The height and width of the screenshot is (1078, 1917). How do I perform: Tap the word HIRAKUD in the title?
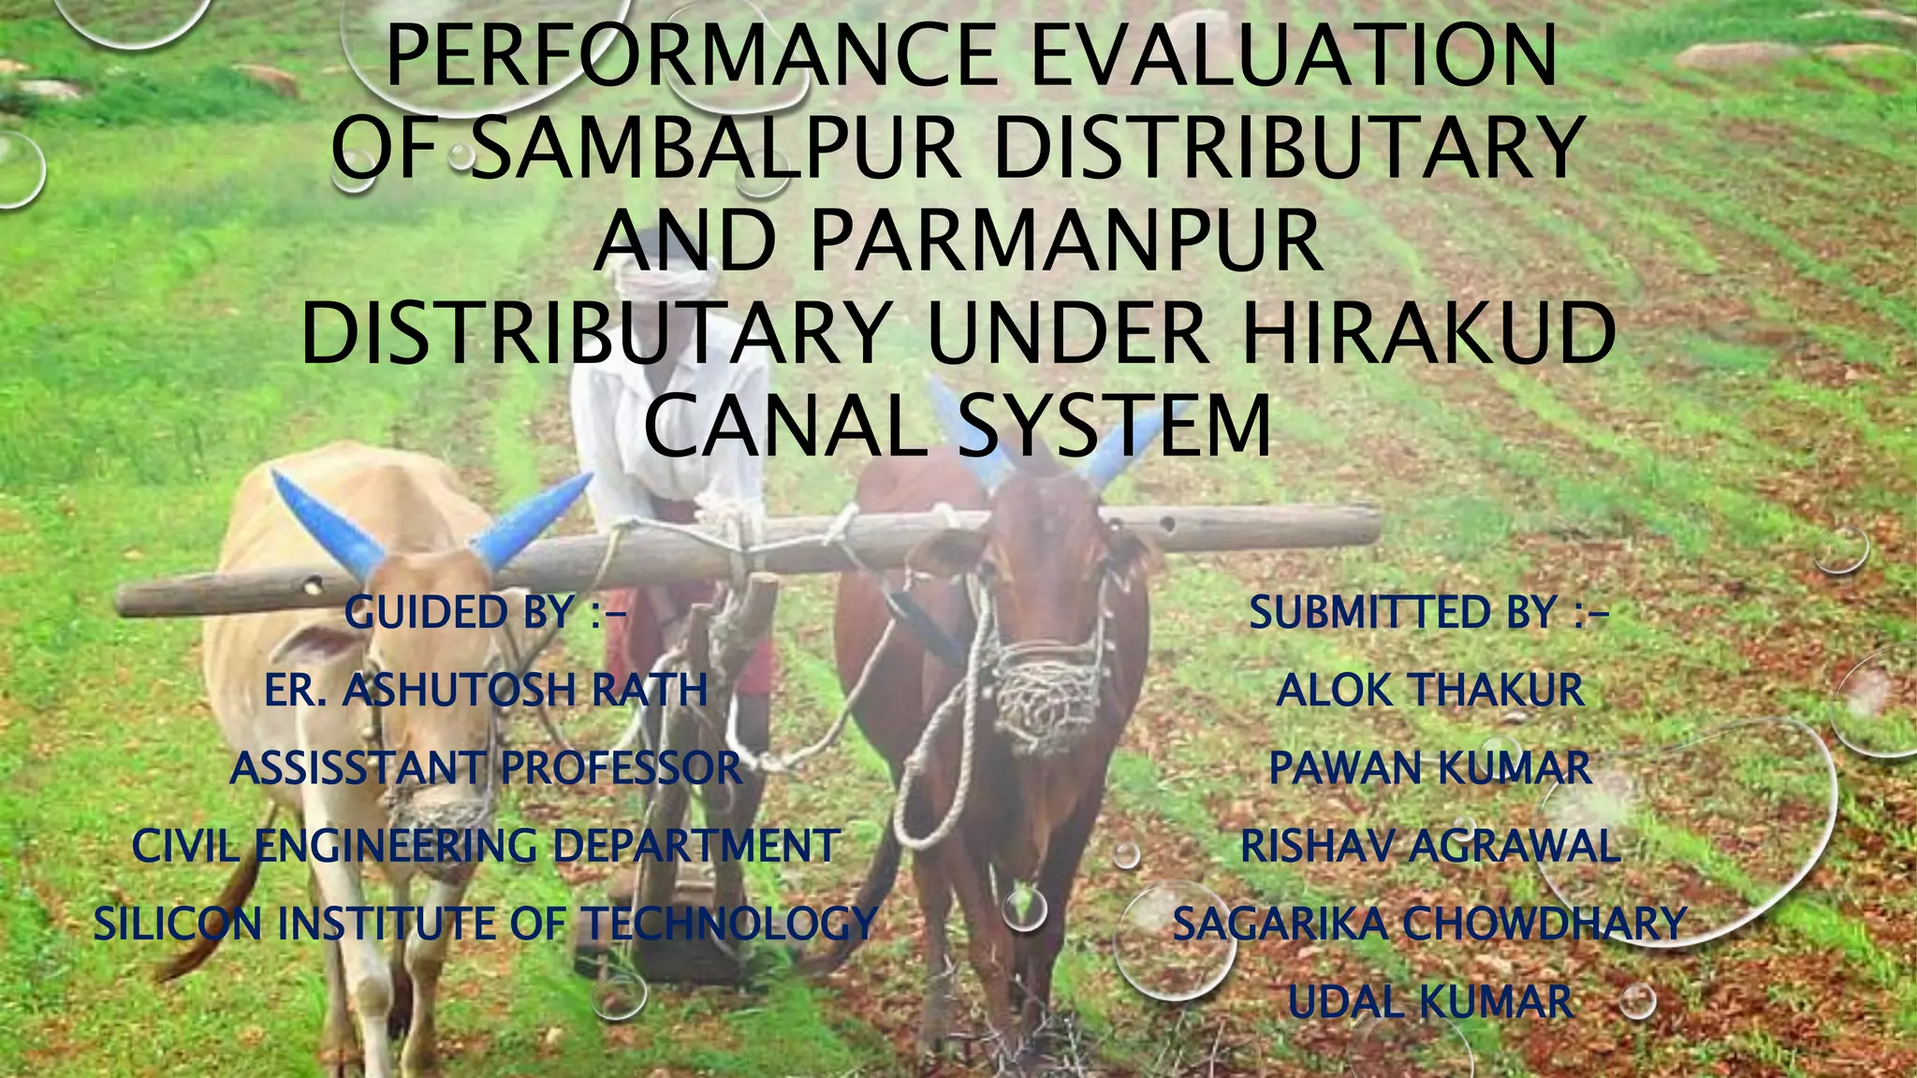click(x=1429, y=332)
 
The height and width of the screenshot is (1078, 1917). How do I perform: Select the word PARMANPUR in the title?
click(x=1067, y=240)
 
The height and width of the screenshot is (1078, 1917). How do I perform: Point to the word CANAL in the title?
click(x=786, y=426)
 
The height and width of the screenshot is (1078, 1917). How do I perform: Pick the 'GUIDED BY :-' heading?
click(x=485, y=613)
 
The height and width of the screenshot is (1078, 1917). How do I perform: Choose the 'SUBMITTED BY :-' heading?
click(x=1429, y=613)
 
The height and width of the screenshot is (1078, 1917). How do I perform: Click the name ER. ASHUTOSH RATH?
click(x=485, y=691)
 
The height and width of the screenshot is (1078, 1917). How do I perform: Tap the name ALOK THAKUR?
click(x=1429, y=691)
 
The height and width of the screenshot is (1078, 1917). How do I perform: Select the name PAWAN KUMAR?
click(x=1429, y=768)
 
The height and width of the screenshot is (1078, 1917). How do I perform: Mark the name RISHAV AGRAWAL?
click(x=1429, y=846)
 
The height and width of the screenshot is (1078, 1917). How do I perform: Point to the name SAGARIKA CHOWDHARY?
click(x=1429, y=924)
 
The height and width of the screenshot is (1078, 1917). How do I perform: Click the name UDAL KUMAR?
click(x=1429, y=1001)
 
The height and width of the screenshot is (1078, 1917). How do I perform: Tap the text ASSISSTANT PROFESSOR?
click(x=485, y=768)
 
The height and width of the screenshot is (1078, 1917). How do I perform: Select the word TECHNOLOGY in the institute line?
click(x=730, y=924)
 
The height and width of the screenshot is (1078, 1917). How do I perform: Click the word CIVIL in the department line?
click(x=187, y=846)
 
